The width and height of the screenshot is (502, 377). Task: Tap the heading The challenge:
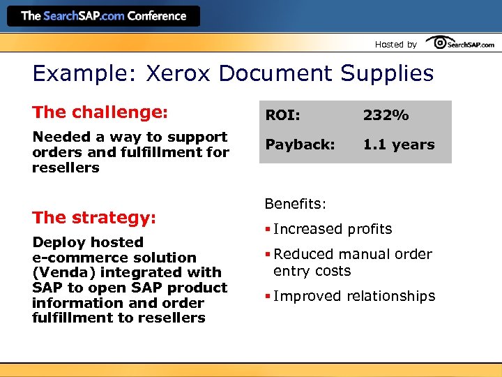click(x=100, y=112)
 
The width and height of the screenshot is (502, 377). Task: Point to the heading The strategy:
click(x=94, y=217)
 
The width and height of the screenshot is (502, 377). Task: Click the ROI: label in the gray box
click(x=282, y=116)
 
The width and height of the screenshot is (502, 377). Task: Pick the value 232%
click(x=386, y=116)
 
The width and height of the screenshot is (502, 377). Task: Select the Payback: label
click(x=300, y=145)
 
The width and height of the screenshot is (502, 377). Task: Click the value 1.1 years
click(x=398, y=145)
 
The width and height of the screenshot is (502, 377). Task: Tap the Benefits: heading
click(x=296, y=204)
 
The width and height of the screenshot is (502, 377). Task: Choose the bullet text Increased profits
click(x=333, y=229)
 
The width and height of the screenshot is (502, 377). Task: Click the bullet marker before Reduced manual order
click(x=268, y=255)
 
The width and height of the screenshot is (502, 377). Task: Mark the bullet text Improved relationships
click(x=354, y=296)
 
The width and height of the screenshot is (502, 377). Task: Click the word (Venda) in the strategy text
click(x=61, y=272)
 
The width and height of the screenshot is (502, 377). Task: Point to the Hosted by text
click(x=395, y=44)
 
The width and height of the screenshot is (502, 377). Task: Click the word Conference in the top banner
click(x=156, y=15)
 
